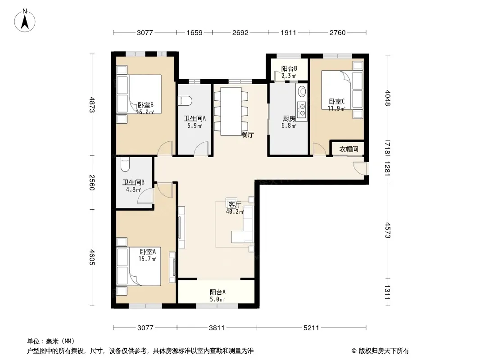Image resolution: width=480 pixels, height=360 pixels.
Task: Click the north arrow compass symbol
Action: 25,21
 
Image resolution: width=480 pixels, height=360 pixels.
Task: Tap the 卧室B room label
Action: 145,105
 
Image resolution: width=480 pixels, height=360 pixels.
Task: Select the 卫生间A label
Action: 195,118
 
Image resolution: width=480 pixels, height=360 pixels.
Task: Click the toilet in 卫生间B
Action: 126,164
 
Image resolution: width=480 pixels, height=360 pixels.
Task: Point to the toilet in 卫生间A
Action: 186,101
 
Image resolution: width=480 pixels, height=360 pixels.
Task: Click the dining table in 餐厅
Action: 231,111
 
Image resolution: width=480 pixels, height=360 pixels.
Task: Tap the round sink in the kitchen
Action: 302,91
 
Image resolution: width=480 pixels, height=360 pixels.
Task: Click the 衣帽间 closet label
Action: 349,149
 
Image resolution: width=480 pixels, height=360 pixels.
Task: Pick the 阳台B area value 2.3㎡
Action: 289,76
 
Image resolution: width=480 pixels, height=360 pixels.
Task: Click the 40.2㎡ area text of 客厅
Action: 235,211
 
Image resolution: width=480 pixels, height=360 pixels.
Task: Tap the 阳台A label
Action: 217,292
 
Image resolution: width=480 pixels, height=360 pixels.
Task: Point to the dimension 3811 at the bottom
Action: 217,328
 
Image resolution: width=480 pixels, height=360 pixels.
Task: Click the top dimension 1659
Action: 195,32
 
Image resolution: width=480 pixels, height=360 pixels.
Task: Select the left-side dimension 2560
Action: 92,183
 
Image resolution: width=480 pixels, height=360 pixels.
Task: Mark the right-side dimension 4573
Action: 388,230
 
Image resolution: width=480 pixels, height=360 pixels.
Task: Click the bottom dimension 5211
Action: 311,328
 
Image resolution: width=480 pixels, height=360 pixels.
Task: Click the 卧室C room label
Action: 337,101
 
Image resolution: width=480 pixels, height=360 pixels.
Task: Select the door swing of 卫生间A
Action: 201,148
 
